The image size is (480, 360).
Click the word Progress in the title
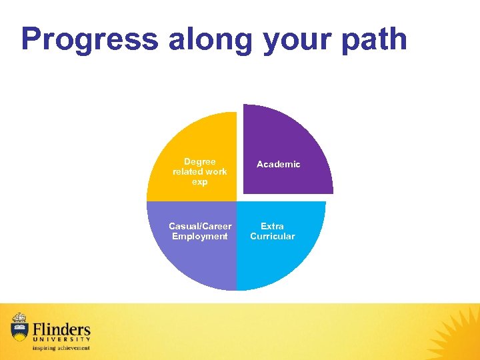[90, 40]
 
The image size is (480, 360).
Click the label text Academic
[278, 164]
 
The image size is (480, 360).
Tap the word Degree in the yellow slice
[199, 161]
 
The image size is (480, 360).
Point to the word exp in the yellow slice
[199, 181]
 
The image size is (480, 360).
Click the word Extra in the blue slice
[272, 226]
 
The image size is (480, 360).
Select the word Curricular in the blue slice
[272, 236]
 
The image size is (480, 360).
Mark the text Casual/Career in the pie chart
[200, 226]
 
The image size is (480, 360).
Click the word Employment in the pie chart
[199, 236]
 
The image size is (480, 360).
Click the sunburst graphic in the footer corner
[457, 333]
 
